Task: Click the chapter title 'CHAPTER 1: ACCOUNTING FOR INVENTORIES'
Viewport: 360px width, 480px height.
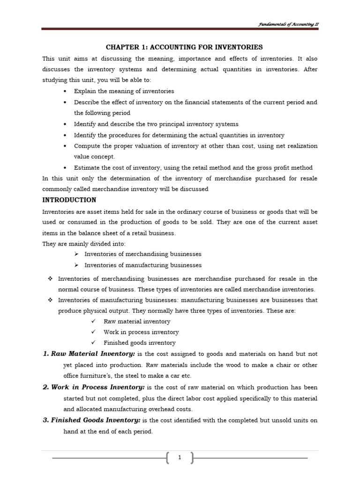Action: [184, 47]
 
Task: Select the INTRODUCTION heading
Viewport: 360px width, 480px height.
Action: [69, 200]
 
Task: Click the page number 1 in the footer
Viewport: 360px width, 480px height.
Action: [180, 458]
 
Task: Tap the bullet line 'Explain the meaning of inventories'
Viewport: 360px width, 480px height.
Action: [124, 91]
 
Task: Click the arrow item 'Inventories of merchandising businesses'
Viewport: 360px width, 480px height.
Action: [142, 254]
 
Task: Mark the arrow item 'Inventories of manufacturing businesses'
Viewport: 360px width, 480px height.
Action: [143, 265]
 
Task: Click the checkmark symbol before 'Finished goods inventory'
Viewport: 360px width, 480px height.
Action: [93, 343]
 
